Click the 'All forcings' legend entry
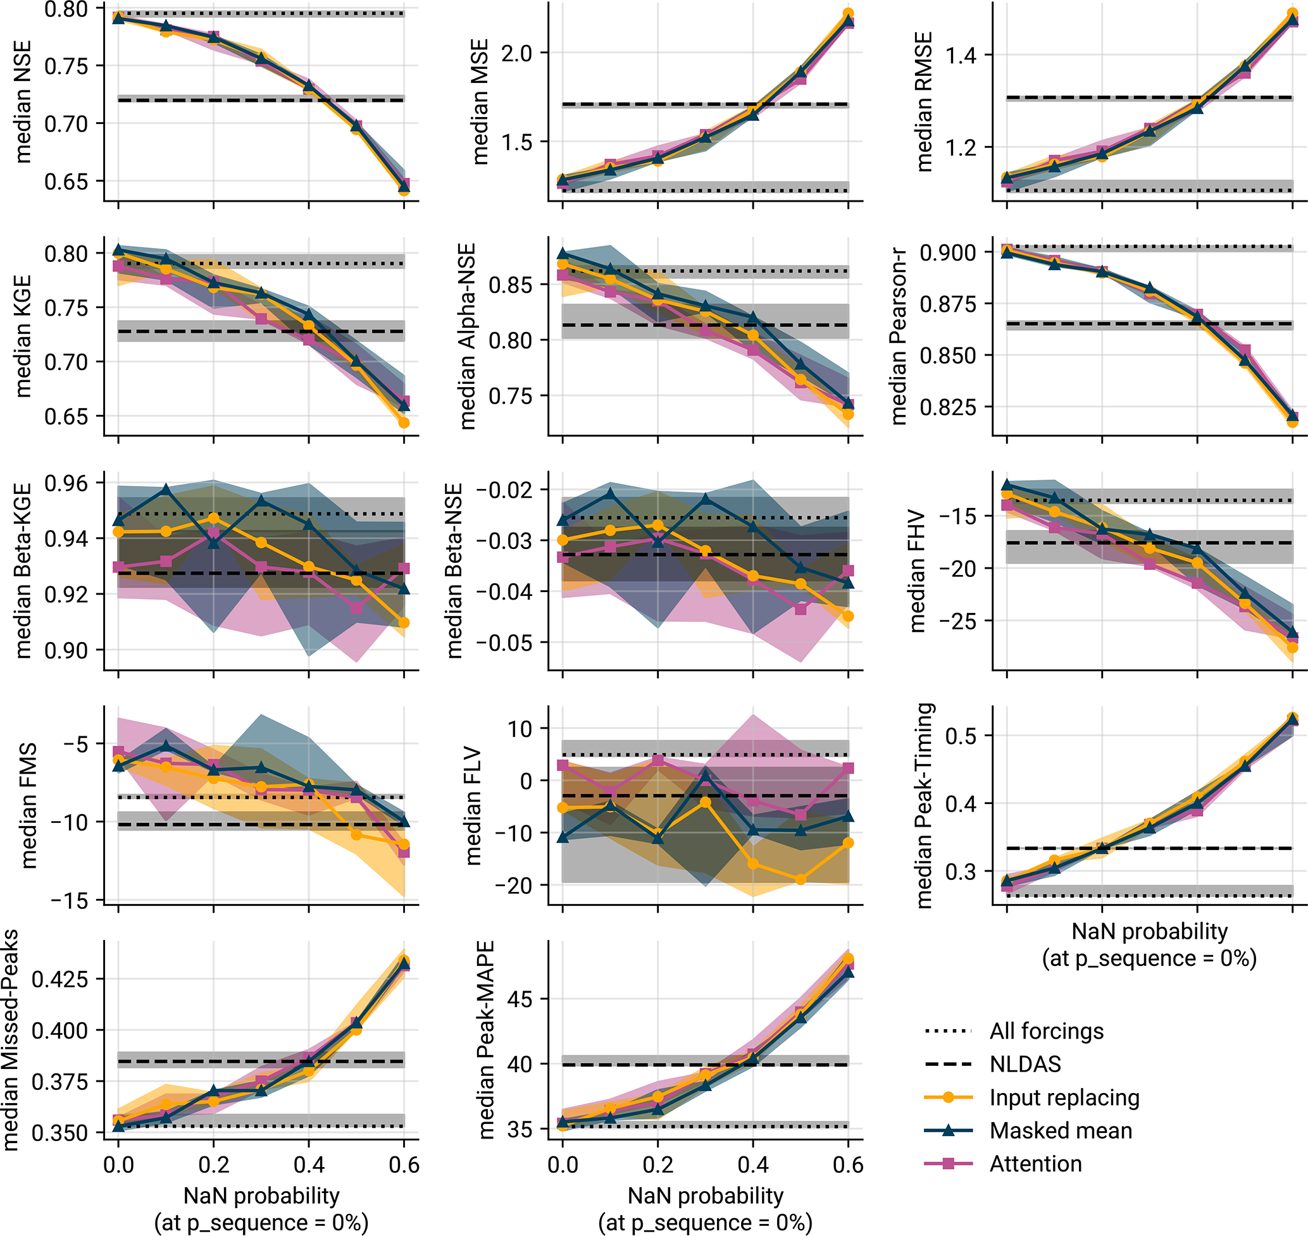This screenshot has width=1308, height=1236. [x=1046, y=1031]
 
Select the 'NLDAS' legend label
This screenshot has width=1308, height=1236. [x=1025, y=1064]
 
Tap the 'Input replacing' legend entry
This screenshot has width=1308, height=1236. [x=1064, y=1097]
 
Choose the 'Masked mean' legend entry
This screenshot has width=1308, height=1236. [x=1060, y=1130]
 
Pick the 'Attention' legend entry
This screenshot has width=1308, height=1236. [x=1035, y=1163]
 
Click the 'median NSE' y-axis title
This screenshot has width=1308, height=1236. [x=23, y=101]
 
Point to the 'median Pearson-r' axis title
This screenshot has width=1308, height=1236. [x=898, y=336]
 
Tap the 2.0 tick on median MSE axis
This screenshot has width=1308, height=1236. [x=516, y=53]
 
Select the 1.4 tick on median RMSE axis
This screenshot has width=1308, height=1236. [x=961, y=54]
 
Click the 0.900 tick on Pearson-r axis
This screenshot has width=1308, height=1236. [x=947, y=252]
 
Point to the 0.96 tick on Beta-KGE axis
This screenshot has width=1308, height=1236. [x=66, y=483]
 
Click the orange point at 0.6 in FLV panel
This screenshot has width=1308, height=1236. [x=848, y=843]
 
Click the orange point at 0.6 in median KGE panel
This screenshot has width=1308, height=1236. [x=404, y=423]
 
